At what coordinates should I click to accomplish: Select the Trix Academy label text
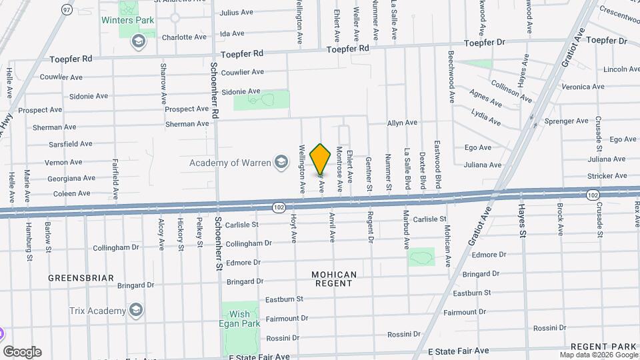(x=97, y=311)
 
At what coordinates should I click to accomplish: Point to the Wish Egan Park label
(x=239, y=319)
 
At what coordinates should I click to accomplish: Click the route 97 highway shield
(x=65, y=9)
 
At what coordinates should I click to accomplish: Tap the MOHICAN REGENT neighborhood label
(x=334, y=279)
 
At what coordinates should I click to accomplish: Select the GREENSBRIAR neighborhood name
(x=81, y=277)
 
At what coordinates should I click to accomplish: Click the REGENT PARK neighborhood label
(x=604, y=346)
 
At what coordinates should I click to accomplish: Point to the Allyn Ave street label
(x=402, y=123)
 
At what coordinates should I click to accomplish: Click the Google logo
(x=22, y=352)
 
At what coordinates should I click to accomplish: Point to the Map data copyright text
(x=598, y=355)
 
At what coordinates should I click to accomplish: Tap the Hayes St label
(x=522, y=220)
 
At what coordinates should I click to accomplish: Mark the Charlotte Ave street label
(x=184, y=37)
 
